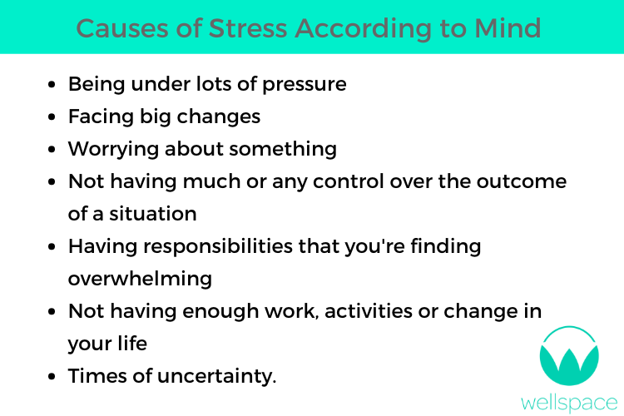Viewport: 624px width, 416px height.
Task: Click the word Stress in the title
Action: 248,28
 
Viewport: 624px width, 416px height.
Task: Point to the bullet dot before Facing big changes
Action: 52,117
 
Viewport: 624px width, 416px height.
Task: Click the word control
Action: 349,181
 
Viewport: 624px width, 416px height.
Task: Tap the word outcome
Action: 522,181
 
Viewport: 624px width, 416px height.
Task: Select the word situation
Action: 153,213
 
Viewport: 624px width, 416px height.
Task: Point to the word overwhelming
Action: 140,278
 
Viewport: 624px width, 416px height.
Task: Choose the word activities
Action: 368,311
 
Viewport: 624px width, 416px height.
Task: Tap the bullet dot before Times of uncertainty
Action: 52,377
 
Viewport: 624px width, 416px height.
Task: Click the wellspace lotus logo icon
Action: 569,355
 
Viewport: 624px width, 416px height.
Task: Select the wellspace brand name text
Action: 569,404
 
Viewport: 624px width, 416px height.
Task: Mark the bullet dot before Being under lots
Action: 52,84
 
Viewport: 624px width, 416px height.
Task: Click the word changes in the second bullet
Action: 219,117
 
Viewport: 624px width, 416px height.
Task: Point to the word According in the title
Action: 363,29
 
